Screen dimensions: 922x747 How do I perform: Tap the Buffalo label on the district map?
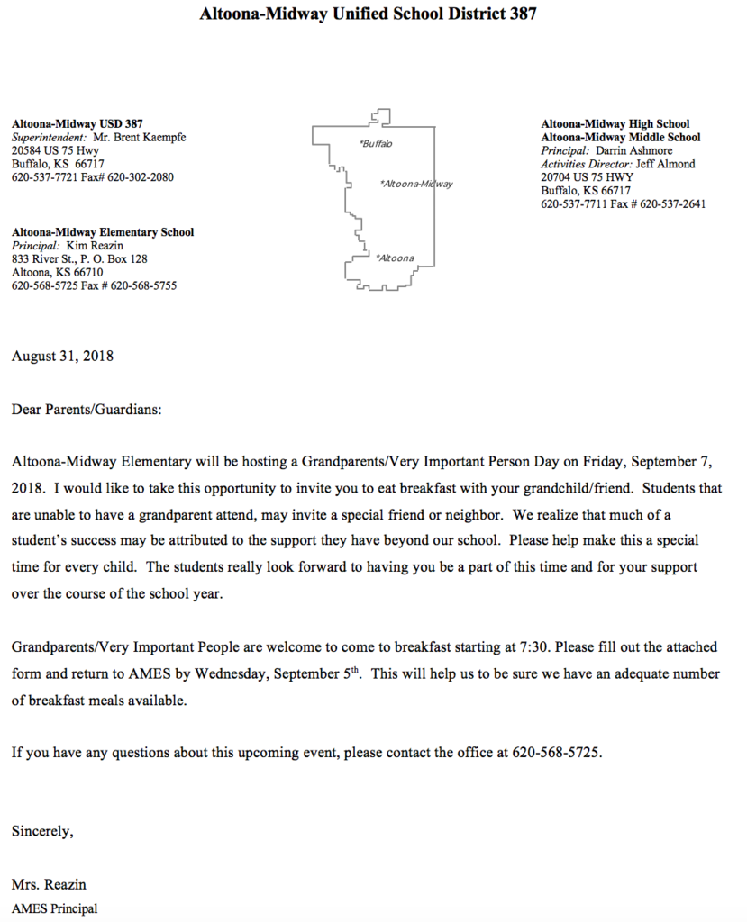(x=377, y=144)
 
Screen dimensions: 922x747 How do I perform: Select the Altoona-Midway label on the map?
(x=416, y=184)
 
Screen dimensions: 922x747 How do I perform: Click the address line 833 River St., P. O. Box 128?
(x=79, y=259)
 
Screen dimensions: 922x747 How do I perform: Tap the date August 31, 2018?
(x=62, y=356)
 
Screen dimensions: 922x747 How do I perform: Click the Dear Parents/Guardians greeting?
(x=87, y=411)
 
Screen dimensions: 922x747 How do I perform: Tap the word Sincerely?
(x=42, y=832)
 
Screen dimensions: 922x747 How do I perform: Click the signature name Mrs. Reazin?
(x=49, y=884)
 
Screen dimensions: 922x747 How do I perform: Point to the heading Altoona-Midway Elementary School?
(x=103, y=232)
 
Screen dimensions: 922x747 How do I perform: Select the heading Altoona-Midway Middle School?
(x=621, y=138)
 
